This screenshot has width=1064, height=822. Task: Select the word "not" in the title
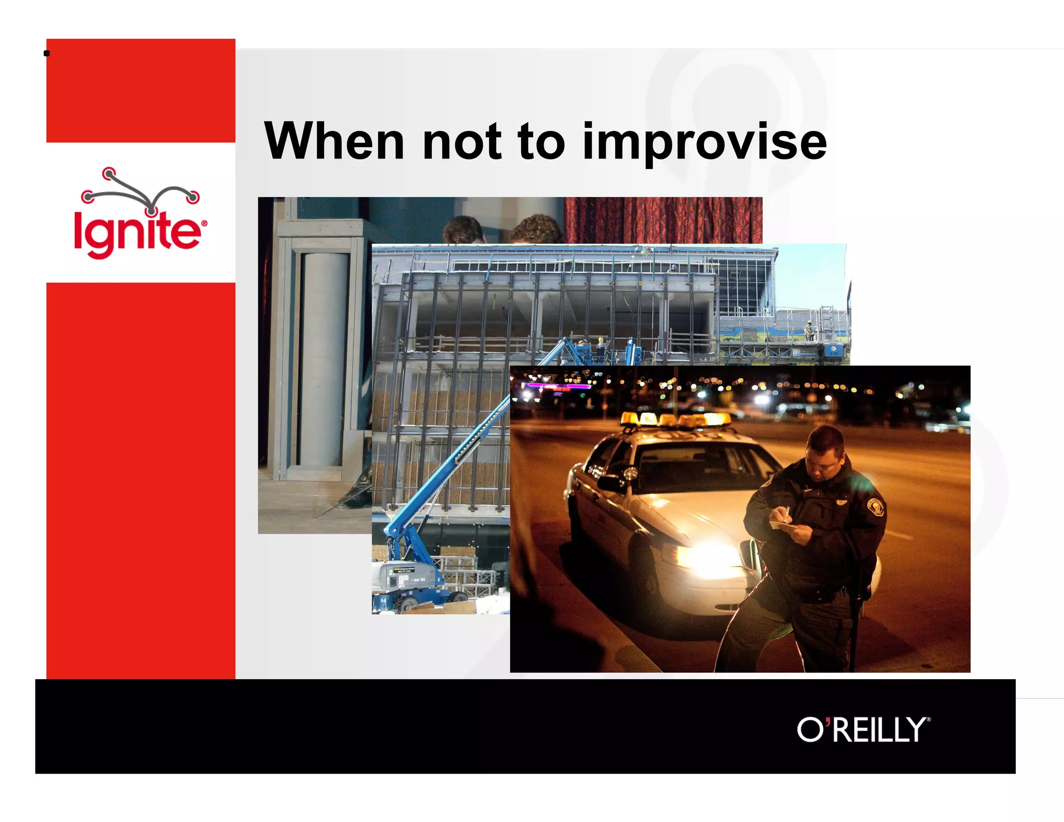[462, 141]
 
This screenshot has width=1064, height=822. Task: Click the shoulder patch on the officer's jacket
[875, 506]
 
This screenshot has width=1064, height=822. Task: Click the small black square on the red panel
[47, 53]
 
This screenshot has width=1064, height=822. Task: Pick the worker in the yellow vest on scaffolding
[808, 329]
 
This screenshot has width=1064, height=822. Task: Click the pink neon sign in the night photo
[556, 386]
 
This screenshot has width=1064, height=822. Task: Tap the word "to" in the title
[541, 141]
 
